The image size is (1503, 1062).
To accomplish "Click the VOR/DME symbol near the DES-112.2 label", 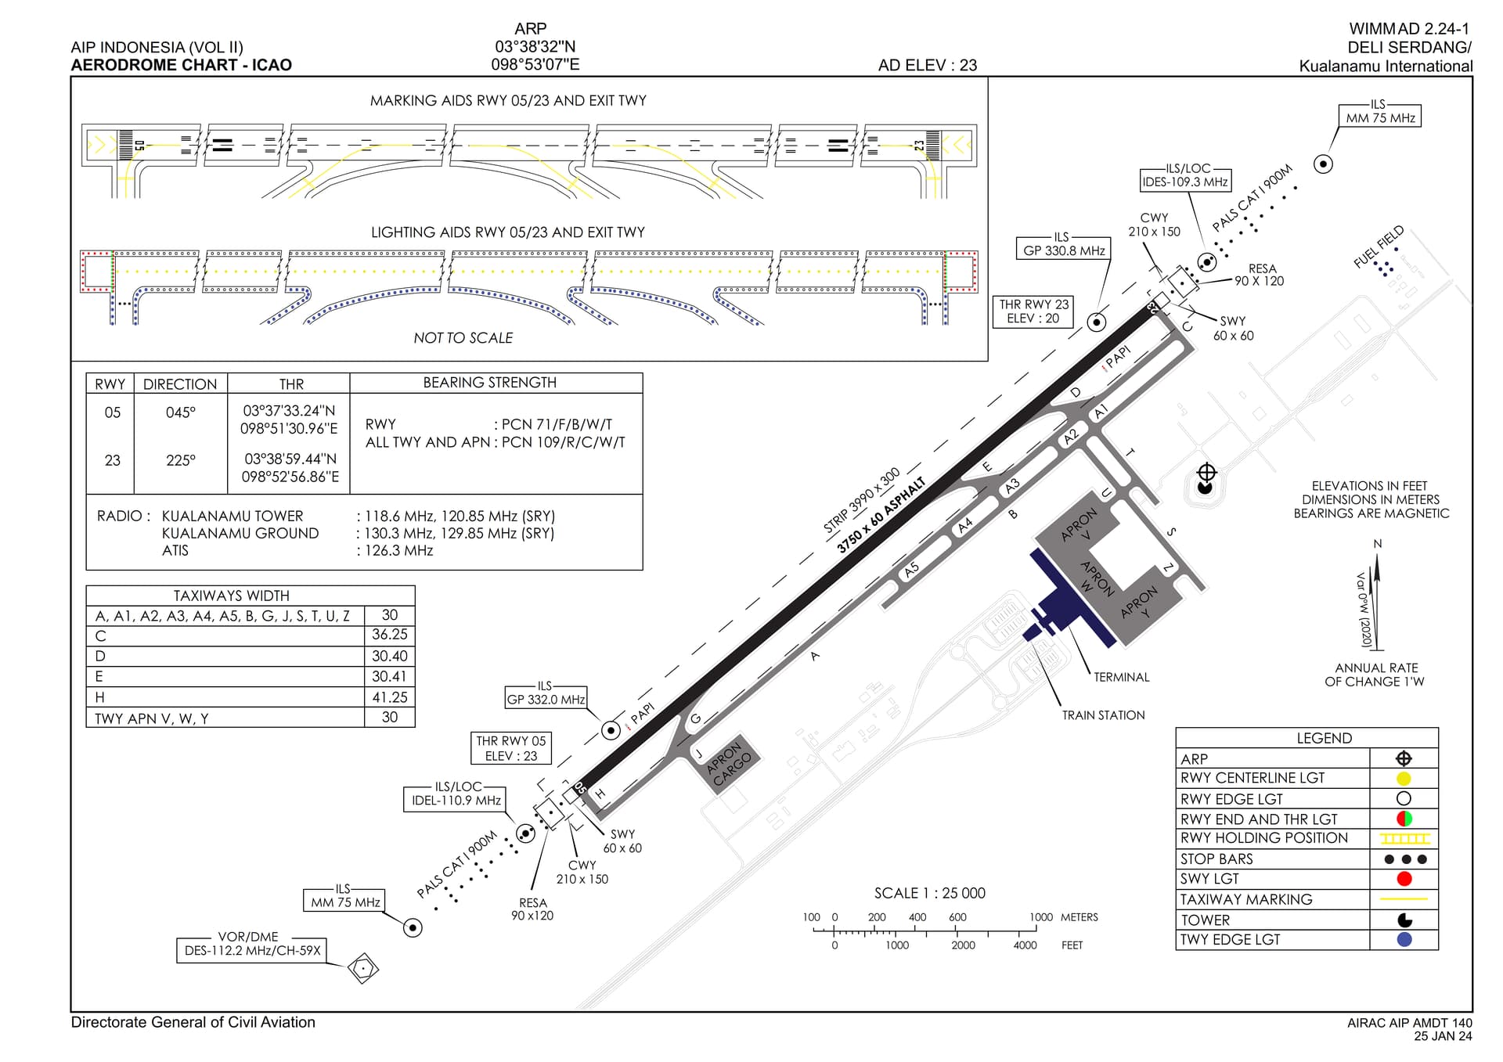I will [x=363, y=968].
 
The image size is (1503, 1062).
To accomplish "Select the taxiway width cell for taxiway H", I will [x=389, y=697].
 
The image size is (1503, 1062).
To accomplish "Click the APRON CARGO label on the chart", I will [x=728, y=763].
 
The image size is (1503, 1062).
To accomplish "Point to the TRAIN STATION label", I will [x=1103, y=715].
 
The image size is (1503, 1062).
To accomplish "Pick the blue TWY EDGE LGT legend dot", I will [x=1404, y=939].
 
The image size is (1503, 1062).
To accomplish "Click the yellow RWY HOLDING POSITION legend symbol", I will [x=1404, y=839].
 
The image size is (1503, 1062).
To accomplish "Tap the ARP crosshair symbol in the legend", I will [x=1404, y=758].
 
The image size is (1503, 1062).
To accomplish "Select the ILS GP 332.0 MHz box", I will [x=546, y=699].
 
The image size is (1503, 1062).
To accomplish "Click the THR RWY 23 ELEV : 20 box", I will [x=1033, y=311].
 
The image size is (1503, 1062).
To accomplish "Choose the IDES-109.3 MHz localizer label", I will [x=1185, y=182].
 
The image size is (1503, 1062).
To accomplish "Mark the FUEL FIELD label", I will [x=1379, y=247].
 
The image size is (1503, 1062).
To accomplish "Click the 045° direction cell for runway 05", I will [x=181, y=412].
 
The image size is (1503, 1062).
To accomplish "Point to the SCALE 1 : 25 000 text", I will [x=929, y=893].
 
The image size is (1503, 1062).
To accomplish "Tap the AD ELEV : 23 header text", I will [x=927, y=66].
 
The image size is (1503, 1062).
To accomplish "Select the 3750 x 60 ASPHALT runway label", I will [x=881, y=516].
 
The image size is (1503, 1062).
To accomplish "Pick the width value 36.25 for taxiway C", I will [x=389, y=635].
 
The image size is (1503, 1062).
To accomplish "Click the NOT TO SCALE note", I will [x=463, y=338].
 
